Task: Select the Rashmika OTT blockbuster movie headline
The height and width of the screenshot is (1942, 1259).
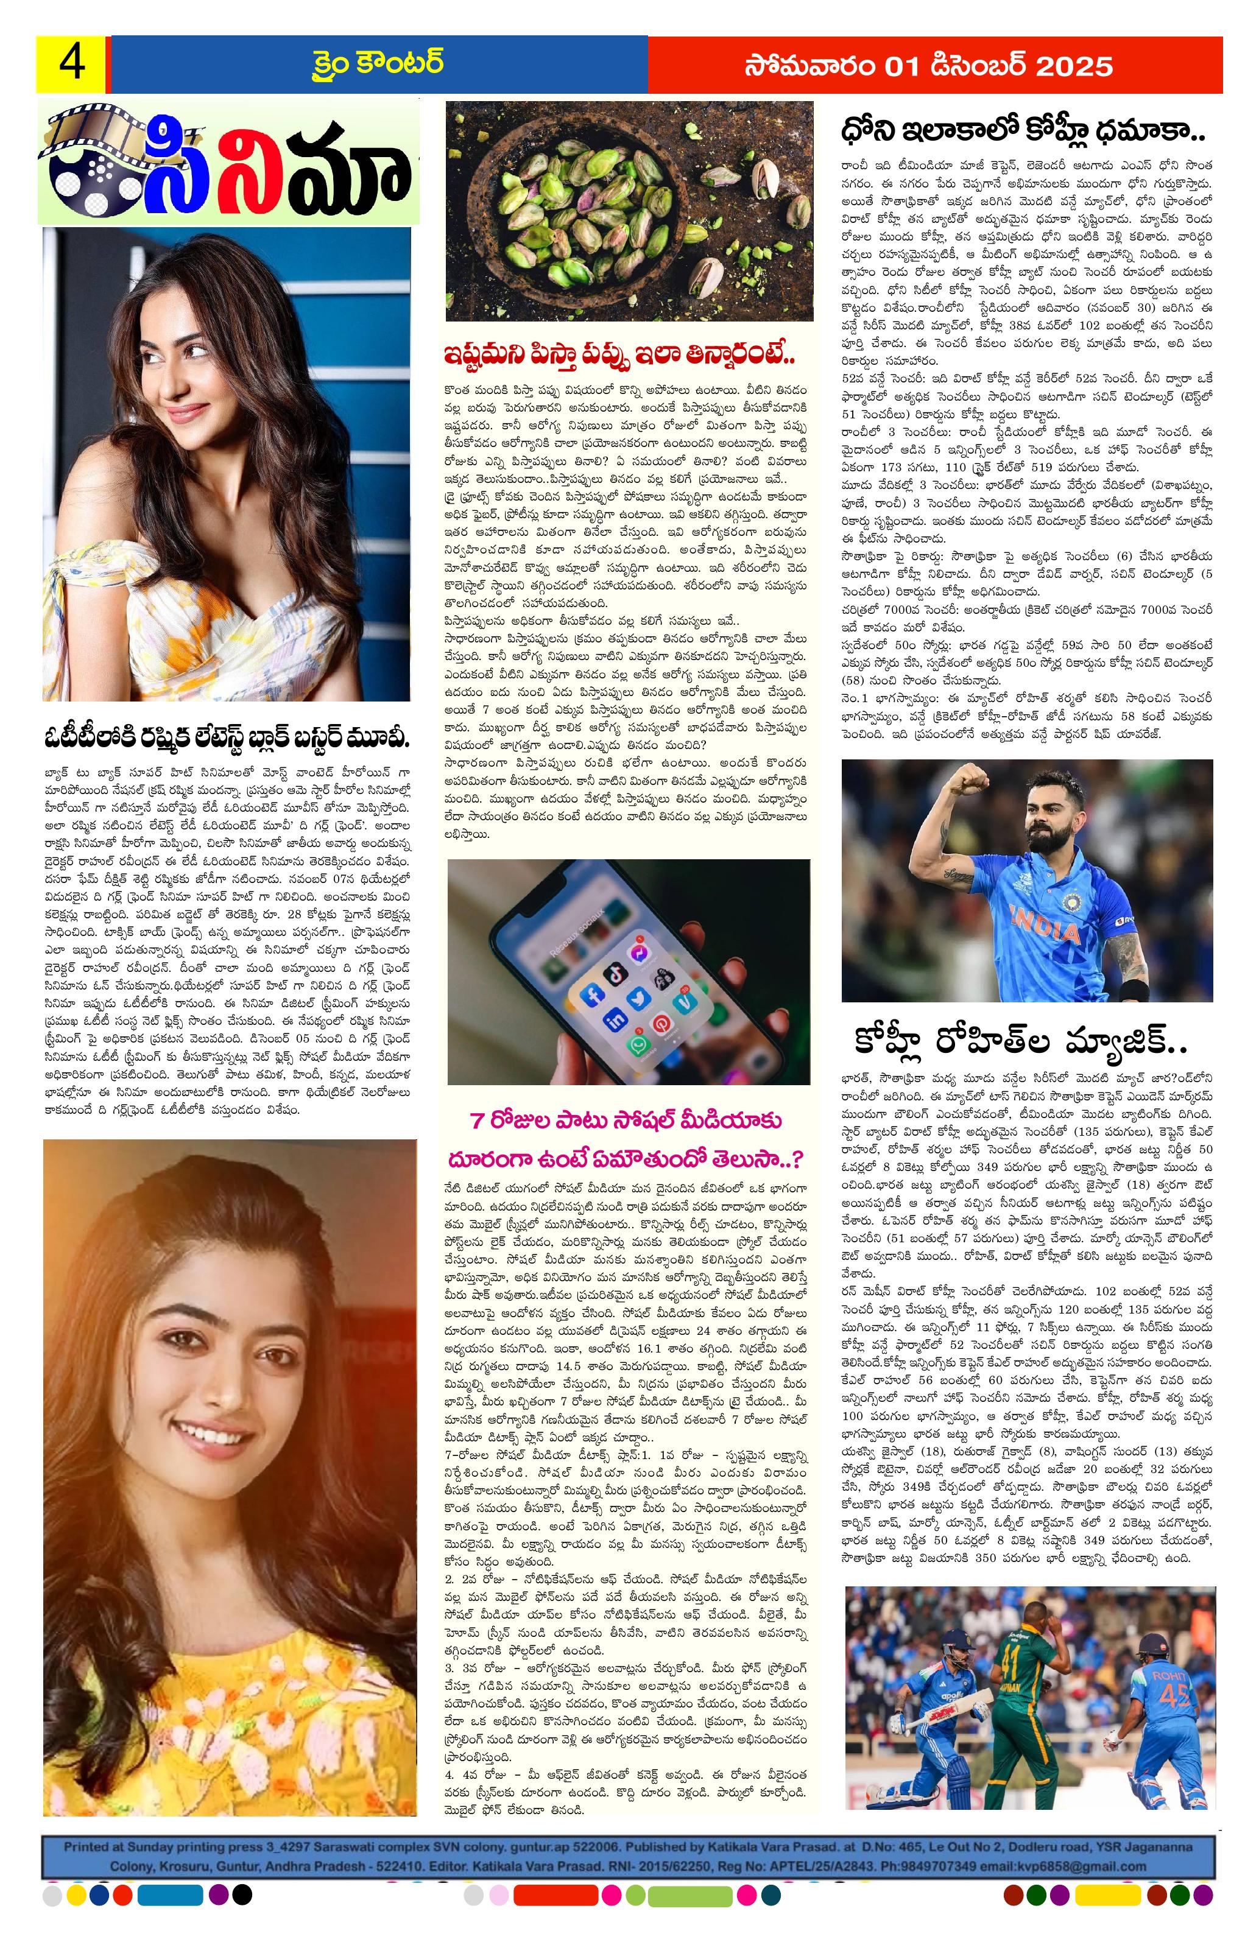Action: (227, 739)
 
